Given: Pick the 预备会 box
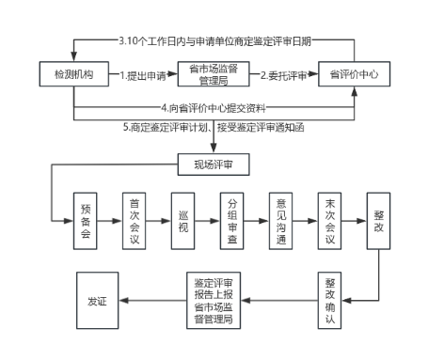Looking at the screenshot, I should coord(87,220).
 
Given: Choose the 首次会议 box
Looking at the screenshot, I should coord(135,220).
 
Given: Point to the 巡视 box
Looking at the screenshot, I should coord(183,220).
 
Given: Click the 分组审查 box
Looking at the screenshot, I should coord(232,220).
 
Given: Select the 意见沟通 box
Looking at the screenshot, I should coord(281,220).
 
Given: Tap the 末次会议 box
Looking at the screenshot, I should coord(330,220).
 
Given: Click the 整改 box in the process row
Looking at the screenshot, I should coord(378,220).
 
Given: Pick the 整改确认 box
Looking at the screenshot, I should coord(330,300).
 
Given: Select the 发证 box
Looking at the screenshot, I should coord(98,300).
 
